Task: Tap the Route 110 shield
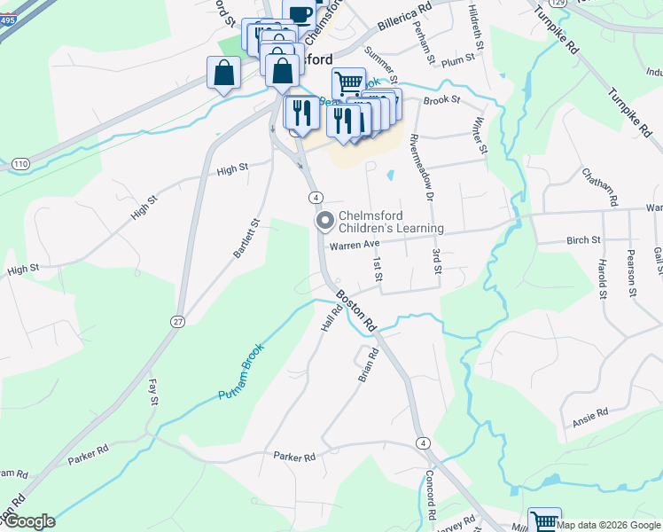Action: coord(21,164)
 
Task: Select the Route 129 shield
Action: coord(556,3)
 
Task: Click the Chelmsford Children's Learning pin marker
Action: coord(324,220)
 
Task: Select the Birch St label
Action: coord(583,239)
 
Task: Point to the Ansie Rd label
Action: coord(589,412)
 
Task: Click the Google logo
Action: coord(28,521)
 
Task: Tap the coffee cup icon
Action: coord(300,12)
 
